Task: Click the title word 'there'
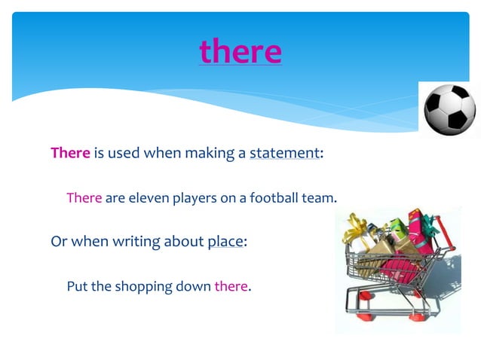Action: (240, 51)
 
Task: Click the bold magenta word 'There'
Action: (70, 153)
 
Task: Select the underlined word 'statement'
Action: (284, 153)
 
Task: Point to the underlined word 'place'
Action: (225, 242)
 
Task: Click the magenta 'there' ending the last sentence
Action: (231, 286)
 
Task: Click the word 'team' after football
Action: (318, 198)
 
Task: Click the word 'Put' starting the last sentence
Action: (78, 286)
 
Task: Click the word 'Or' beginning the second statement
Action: (58, 242)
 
